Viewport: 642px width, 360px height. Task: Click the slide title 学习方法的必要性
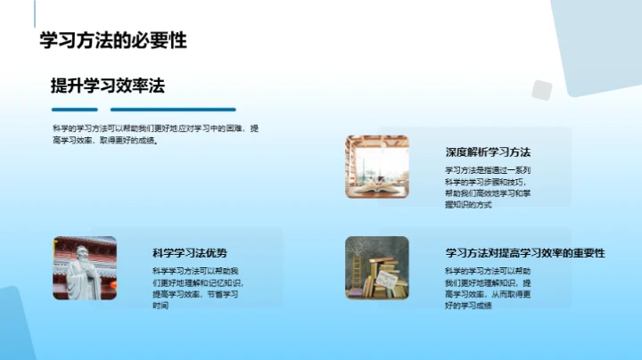113,39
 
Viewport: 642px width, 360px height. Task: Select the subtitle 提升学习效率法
108,86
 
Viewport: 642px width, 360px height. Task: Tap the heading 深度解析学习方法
488,151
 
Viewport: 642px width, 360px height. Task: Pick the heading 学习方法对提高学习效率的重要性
525,253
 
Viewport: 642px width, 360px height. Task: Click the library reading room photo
376,167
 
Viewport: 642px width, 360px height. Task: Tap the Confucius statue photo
84,267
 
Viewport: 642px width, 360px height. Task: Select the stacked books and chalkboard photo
376,267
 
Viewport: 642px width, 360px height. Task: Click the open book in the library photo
376,186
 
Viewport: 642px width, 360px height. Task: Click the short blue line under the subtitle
77,110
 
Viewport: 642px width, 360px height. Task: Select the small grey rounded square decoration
541,90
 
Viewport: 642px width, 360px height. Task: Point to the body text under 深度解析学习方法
488,187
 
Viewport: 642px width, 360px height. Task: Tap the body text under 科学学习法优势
195,288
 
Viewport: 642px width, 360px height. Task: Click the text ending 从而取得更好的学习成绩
488,288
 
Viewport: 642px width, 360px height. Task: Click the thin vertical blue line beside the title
35,13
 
